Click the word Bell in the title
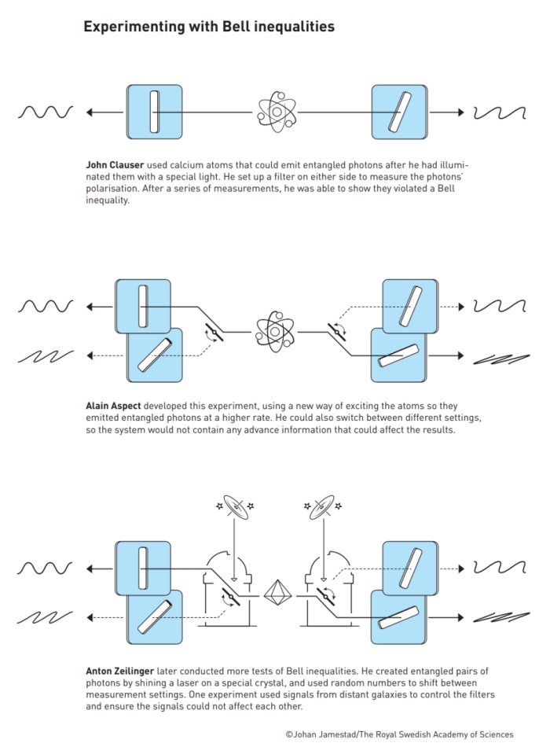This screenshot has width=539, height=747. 224,27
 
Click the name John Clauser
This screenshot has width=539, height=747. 113,167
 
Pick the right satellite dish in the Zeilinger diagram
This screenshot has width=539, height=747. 320,508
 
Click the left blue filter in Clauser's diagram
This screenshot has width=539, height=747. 154,112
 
